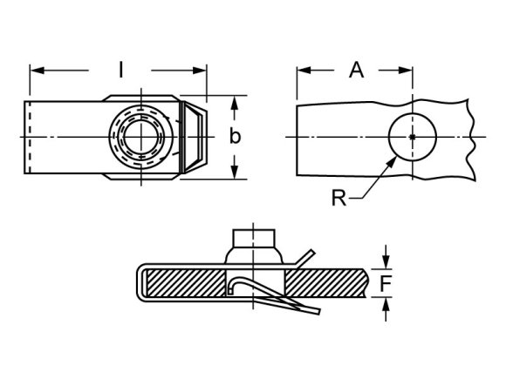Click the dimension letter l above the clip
click(x=120, y=67)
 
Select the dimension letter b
click(x=235, y=137)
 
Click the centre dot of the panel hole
click(x=414, y=137)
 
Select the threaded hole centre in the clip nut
click(x=141, y=137)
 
